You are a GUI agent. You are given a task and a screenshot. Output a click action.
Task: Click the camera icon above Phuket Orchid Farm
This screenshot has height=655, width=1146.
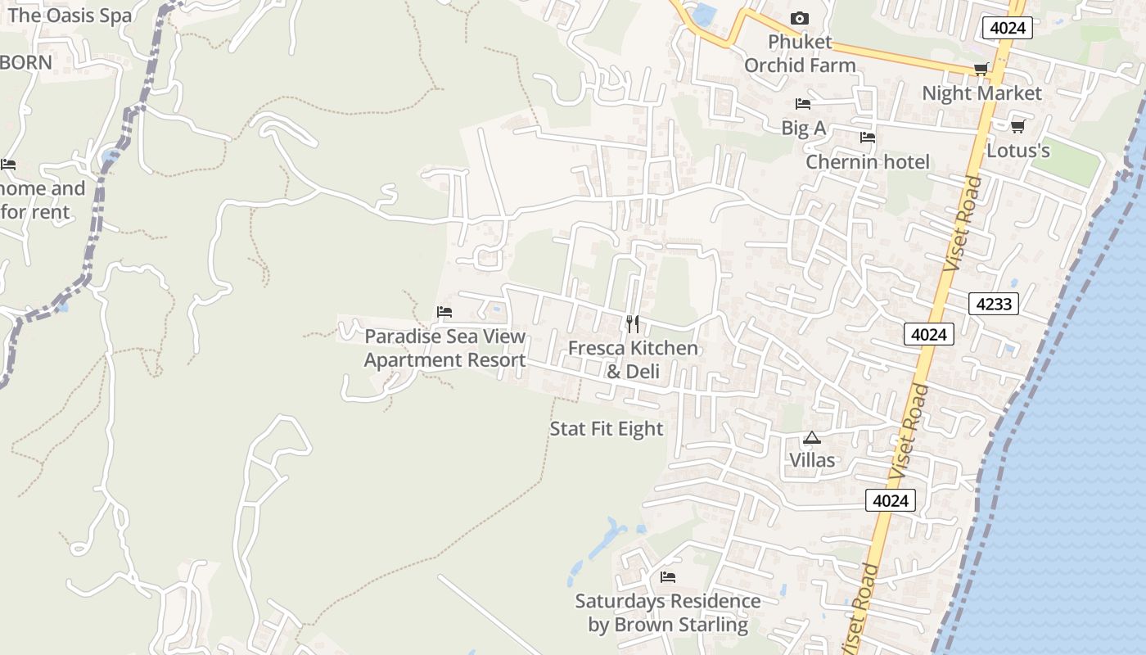point(800,18)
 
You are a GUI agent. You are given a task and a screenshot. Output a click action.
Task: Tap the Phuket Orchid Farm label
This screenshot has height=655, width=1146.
point(800,53)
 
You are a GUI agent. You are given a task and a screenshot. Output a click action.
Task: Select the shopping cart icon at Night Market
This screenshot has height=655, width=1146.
point(981,69)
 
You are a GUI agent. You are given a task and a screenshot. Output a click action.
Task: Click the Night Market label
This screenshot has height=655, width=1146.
point(981,93)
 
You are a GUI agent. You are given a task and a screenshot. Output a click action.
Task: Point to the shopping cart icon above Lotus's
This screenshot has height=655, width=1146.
point(1017,126)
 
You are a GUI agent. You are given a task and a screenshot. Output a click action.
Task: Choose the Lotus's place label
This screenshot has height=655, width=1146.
point(1017,151)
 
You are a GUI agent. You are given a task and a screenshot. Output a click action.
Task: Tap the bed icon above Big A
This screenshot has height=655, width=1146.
point(803,104)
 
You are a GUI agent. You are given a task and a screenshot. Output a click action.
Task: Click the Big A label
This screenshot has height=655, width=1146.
point(803,128)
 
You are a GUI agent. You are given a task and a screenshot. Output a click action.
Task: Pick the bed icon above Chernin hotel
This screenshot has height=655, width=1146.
point(868,138)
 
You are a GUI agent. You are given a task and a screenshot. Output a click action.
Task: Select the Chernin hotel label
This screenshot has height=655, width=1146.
point(868,162)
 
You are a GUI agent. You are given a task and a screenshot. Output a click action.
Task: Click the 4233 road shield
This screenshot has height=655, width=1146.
point(994,304)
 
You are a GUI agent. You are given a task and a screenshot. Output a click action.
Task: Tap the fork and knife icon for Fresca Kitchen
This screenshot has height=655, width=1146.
point(632,324)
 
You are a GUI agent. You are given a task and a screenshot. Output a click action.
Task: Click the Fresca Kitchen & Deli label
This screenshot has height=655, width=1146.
point(633,359)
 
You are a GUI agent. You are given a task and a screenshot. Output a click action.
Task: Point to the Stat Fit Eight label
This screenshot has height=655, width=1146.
point(606,429)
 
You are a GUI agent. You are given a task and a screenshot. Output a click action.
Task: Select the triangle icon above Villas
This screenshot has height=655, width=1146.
point(811,438)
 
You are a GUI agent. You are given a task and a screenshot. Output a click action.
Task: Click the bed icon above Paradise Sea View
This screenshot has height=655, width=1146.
point(444,312)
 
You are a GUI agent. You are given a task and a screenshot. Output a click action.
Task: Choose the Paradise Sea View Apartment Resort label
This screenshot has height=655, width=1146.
point(444,348)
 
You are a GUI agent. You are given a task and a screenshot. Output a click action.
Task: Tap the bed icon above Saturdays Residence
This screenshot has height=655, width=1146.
point(668,577)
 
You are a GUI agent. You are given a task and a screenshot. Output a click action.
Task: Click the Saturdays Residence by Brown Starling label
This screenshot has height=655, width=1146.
point(668,613)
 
